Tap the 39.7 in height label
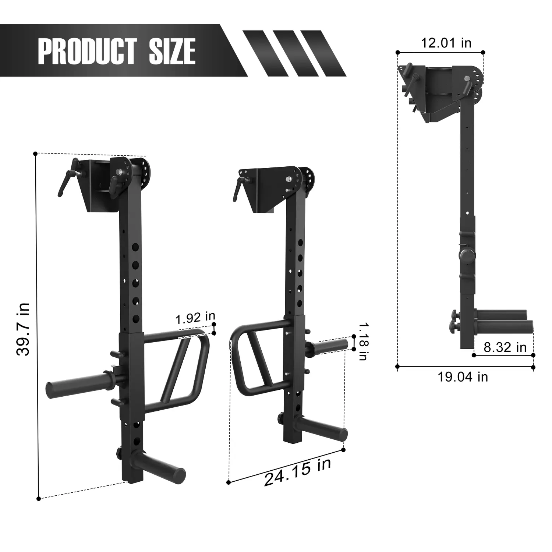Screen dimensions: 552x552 (23, 329)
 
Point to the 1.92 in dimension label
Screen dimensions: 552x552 (195, 318)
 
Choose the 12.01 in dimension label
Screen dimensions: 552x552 (446, 43)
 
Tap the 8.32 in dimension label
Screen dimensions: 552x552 (505, 347)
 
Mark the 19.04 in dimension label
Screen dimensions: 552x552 (463, 377)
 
